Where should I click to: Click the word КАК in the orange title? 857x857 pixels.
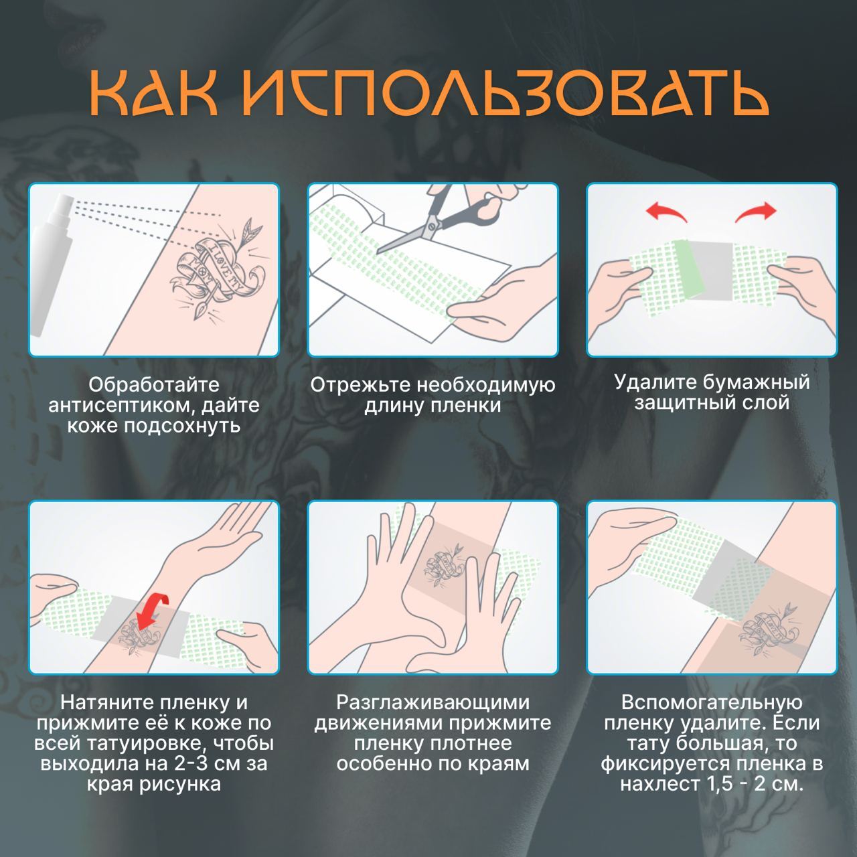(153, 96)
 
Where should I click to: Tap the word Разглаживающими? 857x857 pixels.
(433, 703)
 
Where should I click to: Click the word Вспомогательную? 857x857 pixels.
(712, 703)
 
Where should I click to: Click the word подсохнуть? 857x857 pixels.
(182, 426)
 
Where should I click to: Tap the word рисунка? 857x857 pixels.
(179, 785)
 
